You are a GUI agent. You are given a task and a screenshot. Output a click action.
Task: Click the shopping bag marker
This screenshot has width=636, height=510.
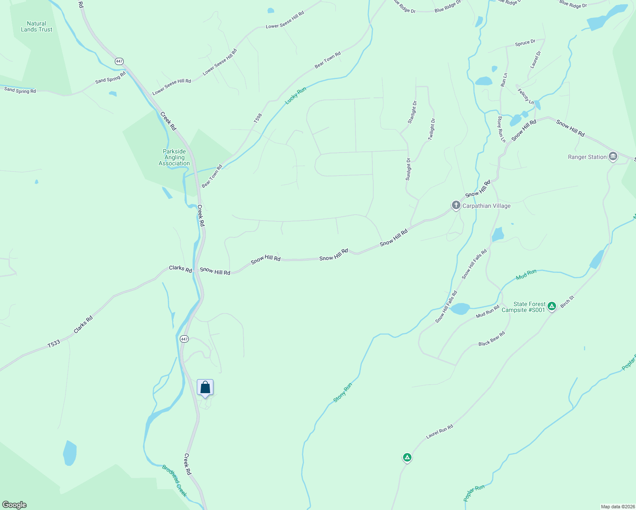tap(205, 388)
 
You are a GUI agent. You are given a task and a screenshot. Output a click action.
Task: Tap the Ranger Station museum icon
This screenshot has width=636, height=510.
tap(613, 157)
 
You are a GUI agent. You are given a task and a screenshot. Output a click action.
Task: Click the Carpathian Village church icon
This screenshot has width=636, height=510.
tap(456, 206)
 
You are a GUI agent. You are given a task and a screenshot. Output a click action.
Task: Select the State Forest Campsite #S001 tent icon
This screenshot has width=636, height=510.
tap(551, 306)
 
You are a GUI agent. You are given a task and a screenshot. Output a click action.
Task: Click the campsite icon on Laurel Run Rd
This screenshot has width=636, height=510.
tap(407, 458)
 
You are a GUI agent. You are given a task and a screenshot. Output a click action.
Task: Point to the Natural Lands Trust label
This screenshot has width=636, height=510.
tap(37, 27)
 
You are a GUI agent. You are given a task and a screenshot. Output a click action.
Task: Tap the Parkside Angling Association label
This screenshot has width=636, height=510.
tap(174, 157)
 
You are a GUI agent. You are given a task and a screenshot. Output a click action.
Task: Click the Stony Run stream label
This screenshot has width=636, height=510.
tap(343, 392)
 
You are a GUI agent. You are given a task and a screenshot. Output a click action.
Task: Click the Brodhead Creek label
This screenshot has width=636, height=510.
tap(174, 481)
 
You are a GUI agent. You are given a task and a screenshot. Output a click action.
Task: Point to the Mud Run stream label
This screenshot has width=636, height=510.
tap(526, 275)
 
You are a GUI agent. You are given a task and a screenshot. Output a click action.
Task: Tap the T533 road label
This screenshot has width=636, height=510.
tap(54, 344)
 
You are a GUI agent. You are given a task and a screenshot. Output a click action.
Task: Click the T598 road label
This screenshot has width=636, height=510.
tap(258, 118)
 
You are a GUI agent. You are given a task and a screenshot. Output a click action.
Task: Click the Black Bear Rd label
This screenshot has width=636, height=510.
tap(491, 338)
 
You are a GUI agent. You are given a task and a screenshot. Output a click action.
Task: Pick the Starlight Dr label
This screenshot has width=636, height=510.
tap(412, 112)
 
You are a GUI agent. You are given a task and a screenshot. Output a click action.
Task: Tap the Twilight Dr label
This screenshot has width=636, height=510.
tap(432, 129)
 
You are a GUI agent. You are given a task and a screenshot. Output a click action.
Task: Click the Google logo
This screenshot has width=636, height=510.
tap(14, 505)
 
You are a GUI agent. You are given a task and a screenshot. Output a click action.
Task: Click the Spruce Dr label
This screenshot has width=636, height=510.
tap(525, 43)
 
